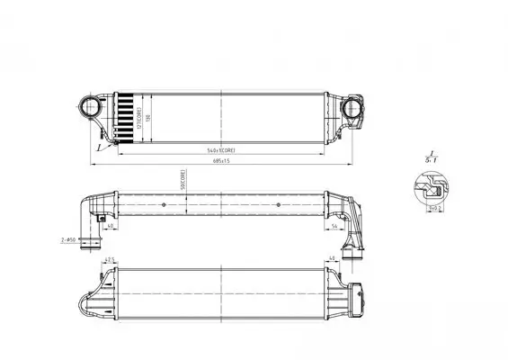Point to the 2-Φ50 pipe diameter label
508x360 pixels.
click(67, 241)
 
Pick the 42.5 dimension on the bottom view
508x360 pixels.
click(110, 262)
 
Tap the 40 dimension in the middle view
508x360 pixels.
click(109, 227)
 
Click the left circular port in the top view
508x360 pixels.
click(94, 108)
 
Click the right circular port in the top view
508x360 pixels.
click(352, 109)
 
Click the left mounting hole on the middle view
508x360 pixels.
click(163, 206)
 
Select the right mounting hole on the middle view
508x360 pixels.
click(280, 206)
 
